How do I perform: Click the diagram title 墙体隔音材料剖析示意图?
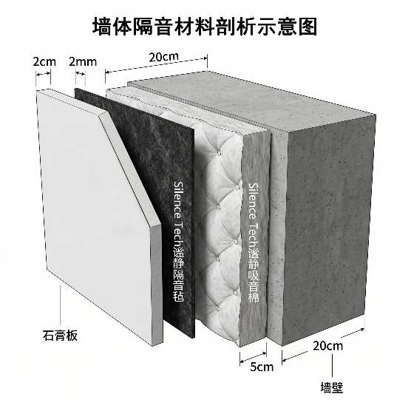pyautogui.click(x=205, y=27)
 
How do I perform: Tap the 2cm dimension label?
pyautogui.click(x=44, y=62)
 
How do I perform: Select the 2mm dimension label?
pyautogui.click(x=83, y=62)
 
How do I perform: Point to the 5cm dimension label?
pyautogui.click(x=262, y=367)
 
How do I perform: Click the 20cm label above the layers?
pyautogui.click(x=164, y=57)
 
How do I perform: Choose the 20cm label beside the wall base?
pyautogui.click(x=327, y=346)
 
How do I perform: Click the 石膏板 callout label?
pyautogui.click(x=60, y=336)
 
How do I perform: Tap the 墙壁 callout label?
pyautogui.click(x=332, y=387)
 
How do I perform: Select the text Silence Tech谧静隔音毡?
pyautogui.click(x=179, y=241)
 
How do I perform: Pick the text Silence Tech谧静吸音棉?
pyautogui.click(x=254, y=242)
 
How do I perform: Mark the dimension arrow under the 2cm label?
pyautogui.click(x=44, y=74)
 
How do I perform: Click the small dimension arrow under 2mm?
pyautogui.click(x=81, y=74)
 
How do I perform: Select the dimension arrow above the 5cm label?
pyautogui.click(x=254, y=358)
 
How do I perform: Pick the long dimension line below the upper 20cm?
pyautogui.click(x=156, y=66)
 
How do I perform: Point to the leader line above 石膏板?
pyautogui.click(x=61, y=305)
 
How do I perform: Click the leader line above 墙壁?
pyautogui.click(x=333, y=367)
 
